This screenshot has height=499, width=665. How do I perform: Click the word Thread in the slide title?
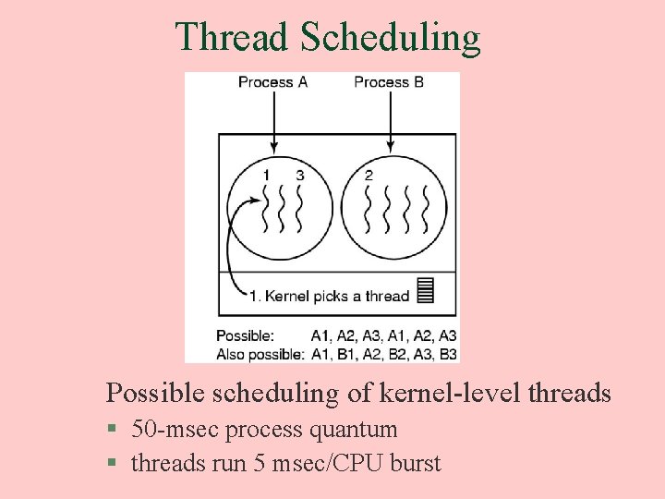pos(232,37)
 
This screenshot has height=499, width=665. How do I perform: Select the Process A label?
pos(272,82)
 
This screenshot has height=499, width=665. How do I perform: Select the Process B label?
pos(389,82)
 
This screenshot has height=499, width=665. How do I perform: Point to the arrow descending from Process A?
pos(273,120)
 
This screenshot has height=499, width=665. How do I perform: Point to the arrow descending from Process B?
pos(390,120)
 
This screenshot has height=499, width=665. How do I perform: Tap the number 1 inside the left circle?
pos(266,176)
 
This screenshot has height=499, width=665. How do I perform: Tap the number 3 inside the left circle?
pos(299,176)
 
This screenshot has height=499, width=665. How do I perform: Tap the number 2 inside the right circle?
pos(369,176)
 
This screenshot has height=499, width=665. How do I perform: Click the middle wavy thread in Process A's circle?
pos(283,211)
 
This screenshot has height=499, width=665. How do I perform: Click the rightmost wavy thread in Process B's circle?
pos(426,211)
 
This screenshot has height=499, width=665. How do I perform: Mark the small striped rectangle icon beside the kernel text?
pos(425,290)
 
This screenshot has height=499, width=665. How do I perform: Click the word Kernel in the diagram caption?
pos(287,296)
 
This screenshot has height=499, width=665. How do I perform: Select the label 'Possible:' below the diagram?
pos(246,335)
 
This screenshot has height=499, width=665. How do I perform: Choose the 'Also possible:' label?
pos(260,353)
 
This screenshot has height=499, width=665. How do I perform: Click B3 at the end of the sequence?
pos(447,353)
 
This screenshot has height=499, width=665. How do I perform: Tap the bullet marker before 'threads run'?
pos(112,463)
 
